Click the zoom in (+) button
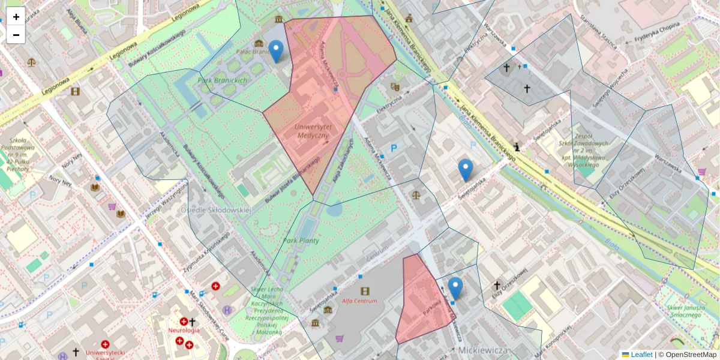(16, 16)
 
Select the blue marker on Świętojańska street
(465, 170)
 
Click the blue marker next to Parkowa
(455, 288)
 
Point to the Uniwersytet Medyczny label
(312, 131)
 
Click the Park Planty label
(301, 241)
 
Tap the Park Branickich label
(223, 80)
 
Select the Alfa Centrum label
(360, 301)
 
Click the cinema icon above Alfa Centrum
(365, 291)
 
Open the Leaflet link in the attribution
(641, 355)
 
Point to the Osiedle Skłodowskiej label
(215, 210)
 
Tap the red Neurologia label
(184, 331)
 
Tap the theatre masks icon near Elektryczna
(395, 87)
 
